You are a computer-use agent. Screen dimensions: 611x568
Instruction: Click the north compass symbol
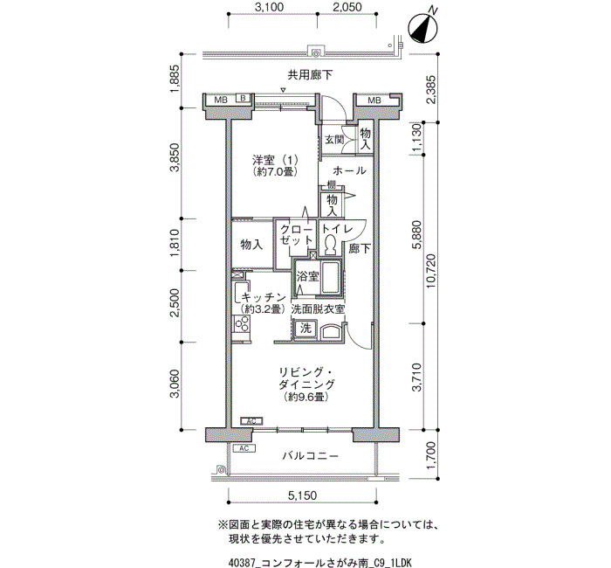422,28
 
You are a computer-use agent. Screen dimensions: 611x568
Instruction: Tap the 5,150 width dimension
302,495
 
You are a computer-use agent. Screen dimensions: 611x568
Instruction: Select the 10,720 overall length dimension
431,271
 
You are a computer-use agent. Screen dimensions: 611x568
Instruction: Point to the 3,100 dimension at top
269,7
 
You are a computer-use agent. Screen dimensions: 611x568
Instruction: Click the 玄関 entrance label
334,139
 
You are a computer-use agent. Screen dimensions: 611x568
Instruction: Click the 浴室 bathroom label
308,277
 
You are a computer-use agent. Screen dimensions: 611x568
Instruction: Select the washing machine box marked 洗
305,329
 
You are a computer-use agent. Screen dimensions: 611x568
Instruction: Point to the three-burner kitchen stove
242,324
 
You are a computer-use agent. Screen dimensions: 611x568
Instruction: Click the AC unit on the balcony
244,448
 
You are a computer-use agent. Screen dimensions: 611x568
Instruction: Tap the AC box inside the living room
251,421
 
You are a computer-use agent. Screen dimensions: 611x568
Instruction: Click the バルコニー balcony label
311,455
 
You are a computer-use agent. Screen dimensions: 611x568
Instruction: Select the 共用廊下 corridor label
310,75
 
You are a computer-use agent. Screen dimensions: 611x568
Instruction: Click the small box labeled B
243,98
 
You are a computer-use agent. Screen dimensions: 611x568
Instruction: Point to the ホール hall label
349,171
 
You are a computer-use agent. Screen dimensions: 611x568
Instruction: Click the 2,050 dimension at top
347,7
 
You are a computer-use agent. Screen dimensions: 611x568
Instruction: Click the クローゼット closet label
297,235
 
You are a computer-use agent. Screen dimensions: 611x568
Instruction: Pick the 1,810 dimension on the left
175,244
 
